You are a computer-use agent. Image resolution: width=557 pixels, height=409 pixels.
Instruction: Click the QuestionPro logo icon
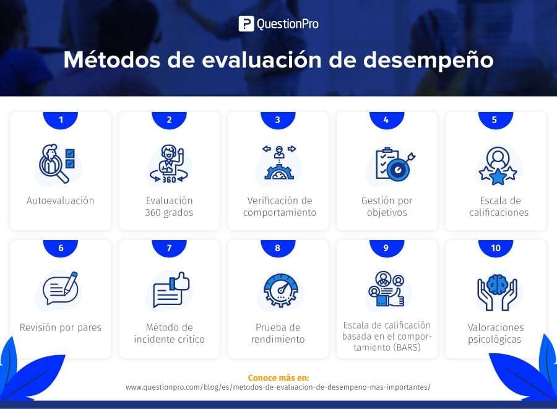(x=246, y=24)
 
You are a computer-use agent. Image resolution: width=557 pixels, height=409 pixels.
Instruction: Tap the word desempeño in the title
(x=428, y=61)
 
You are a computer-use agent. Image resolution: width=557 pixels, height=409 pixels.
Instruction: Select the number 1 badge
(x=61, y=119)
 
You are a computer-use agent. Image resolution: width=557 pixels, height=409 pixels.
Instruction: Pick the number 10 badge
(x=495, y=248)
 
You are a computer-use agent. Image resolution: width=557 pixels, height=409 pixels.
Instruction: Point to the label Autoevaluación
(x=61, y=200)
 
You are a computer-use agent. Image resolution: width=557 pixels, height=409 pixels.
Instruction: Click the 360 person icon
(x=169, y=165)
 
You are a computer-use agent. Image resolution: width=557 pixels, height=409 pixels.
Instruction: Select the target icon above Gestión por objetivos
(x=394, y=165)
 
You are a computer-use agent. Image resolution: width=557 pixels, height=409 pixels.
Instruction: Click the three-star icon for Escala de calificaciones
(x=496, y=165)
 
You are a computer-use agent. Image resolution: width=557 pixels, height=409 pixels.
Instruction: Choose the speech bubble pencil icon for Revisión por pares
(x=60, y=289)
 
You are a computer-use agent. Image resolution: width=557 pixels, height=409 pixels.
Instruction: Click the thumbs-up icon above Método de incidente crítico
(x=171, y=289)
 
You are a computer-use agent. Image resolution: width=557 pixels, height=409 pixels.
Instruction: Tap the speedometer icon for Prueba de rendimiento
(x=278, y=290)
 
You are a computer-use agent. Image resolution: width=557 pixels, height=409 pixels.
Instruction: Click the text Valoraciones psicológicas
(x=496, y=334)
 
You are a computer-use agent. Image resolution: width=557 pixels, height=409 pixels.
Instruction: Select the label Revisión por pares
(x=61, y=327)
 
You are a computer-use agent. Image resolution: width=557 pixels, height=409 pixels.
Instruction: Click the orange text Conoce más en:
(x=278, y=377)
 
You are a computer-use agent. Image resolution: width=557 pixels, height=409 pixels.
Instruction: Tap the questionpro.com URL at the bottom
(x=278, y=387)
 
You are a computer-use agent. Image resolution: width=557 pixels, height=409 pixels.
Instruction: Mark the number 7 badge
(x=169, y=248)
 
